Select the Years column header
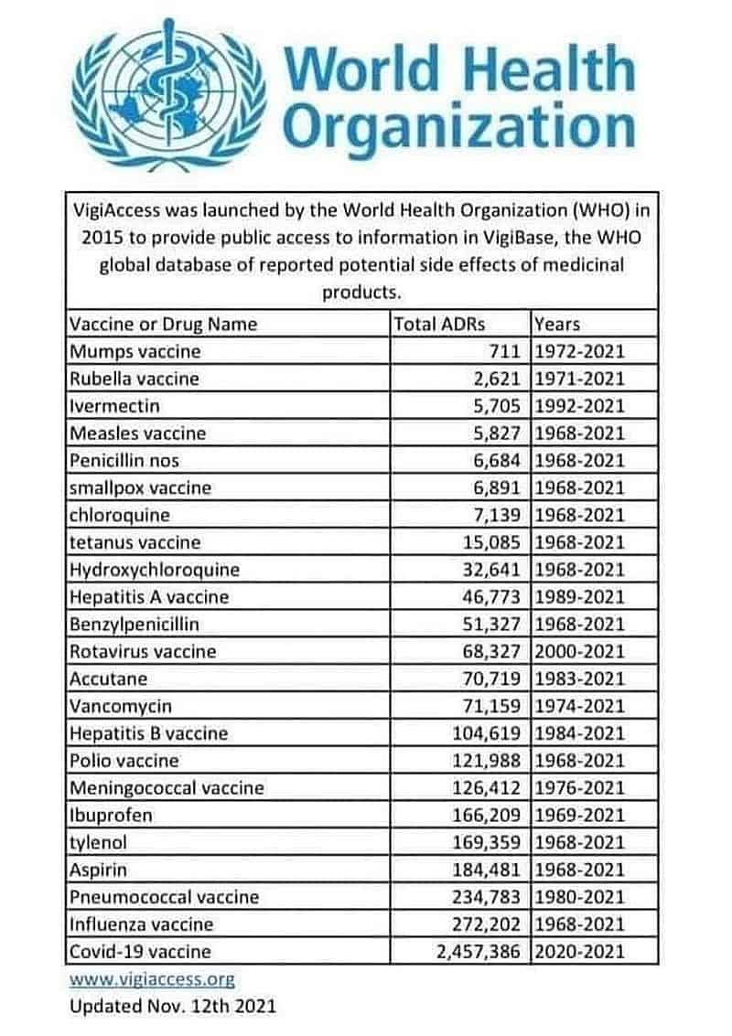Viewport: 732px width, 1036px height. (x=557, y=324)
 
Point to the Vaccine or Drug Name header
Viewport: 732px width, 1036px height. (x=164, y=324)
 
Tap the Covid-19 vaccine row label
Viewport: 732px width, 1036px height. (x=140, y=951)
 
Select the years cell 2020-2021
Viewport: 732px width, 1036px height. (x=579, y=951)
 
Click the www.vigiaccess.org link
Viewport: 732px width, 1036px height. (x=152, y=979)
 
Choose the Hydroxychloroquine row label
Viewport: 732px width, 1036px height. (x=155, y=570)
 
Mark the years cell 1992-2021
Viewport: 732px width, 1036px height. (x=579, y=405)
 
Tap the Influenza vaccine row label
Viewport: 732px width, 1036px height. (x=142, y=924)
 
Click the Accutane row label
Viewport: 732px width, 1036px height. (x=108, y=678)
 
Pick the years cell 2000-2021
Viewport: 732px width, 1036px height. (x=579, y=652)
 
